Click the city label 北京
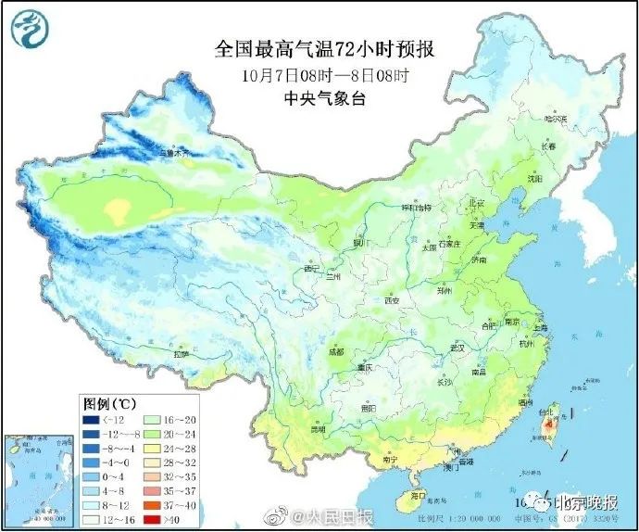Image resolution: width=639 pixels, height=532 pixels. (476, 202)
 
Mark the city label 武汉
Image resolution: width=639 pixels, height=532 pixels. (456, 347)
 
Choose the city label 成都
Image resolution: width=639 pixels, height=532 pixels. (334, 352)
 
